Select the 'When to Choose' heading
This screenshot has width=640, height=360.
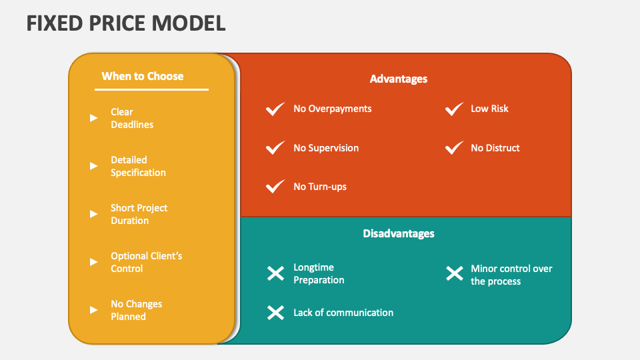(x=142, y=76)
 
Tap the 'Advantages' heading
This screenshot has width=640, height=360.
(x=398, y=79)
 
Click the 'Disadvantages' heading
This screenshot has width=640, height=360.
(x=398, y=233)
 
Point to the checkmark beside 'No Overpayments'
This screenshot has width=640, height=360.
(x=275, y=109)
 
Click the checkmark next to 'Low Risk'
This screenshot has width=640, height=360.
(x=454, y=109)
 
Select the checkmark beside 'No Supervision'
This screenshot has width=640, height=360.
(x=275, y=148)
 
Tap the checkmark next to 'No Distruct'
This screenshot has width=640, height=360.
(x=454, y=148)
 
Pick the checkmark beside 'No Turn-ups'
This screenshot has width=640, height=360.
(x=275, y=187)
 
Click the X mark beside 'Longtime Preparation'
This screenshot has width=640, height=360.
(x=275, y=273)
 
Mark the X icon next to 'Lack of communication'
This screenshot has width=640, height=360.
(x=275, y=313)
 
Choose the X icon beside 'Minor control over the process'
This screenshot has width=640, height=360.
(x=454, y=273)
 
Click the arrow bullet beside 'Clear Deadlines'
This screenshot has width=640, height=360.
(x=94, y=118)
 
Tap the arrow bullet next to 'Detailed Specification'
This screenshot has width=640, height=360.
(x=94, y=166)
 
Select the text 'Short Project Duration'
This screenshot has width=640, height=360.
(x=139, y=214)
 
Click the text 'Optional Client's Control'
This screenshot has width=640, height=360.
(x=146, y=262)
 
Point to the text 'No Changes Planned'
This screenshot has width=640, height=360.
(x=136, y=310)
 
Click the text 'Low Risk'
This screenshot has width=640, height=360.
(x=489, y=109)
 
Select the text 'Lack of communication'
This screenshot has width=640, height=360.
(x=343, y=313)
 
